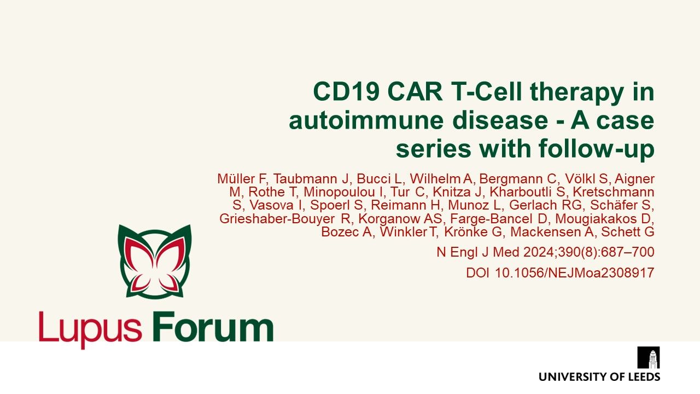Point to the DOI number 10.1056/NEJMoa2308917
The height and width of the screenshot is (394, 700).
coord(574,273)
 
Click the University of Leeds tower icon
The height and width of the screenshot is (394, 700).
coord(649,358)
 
